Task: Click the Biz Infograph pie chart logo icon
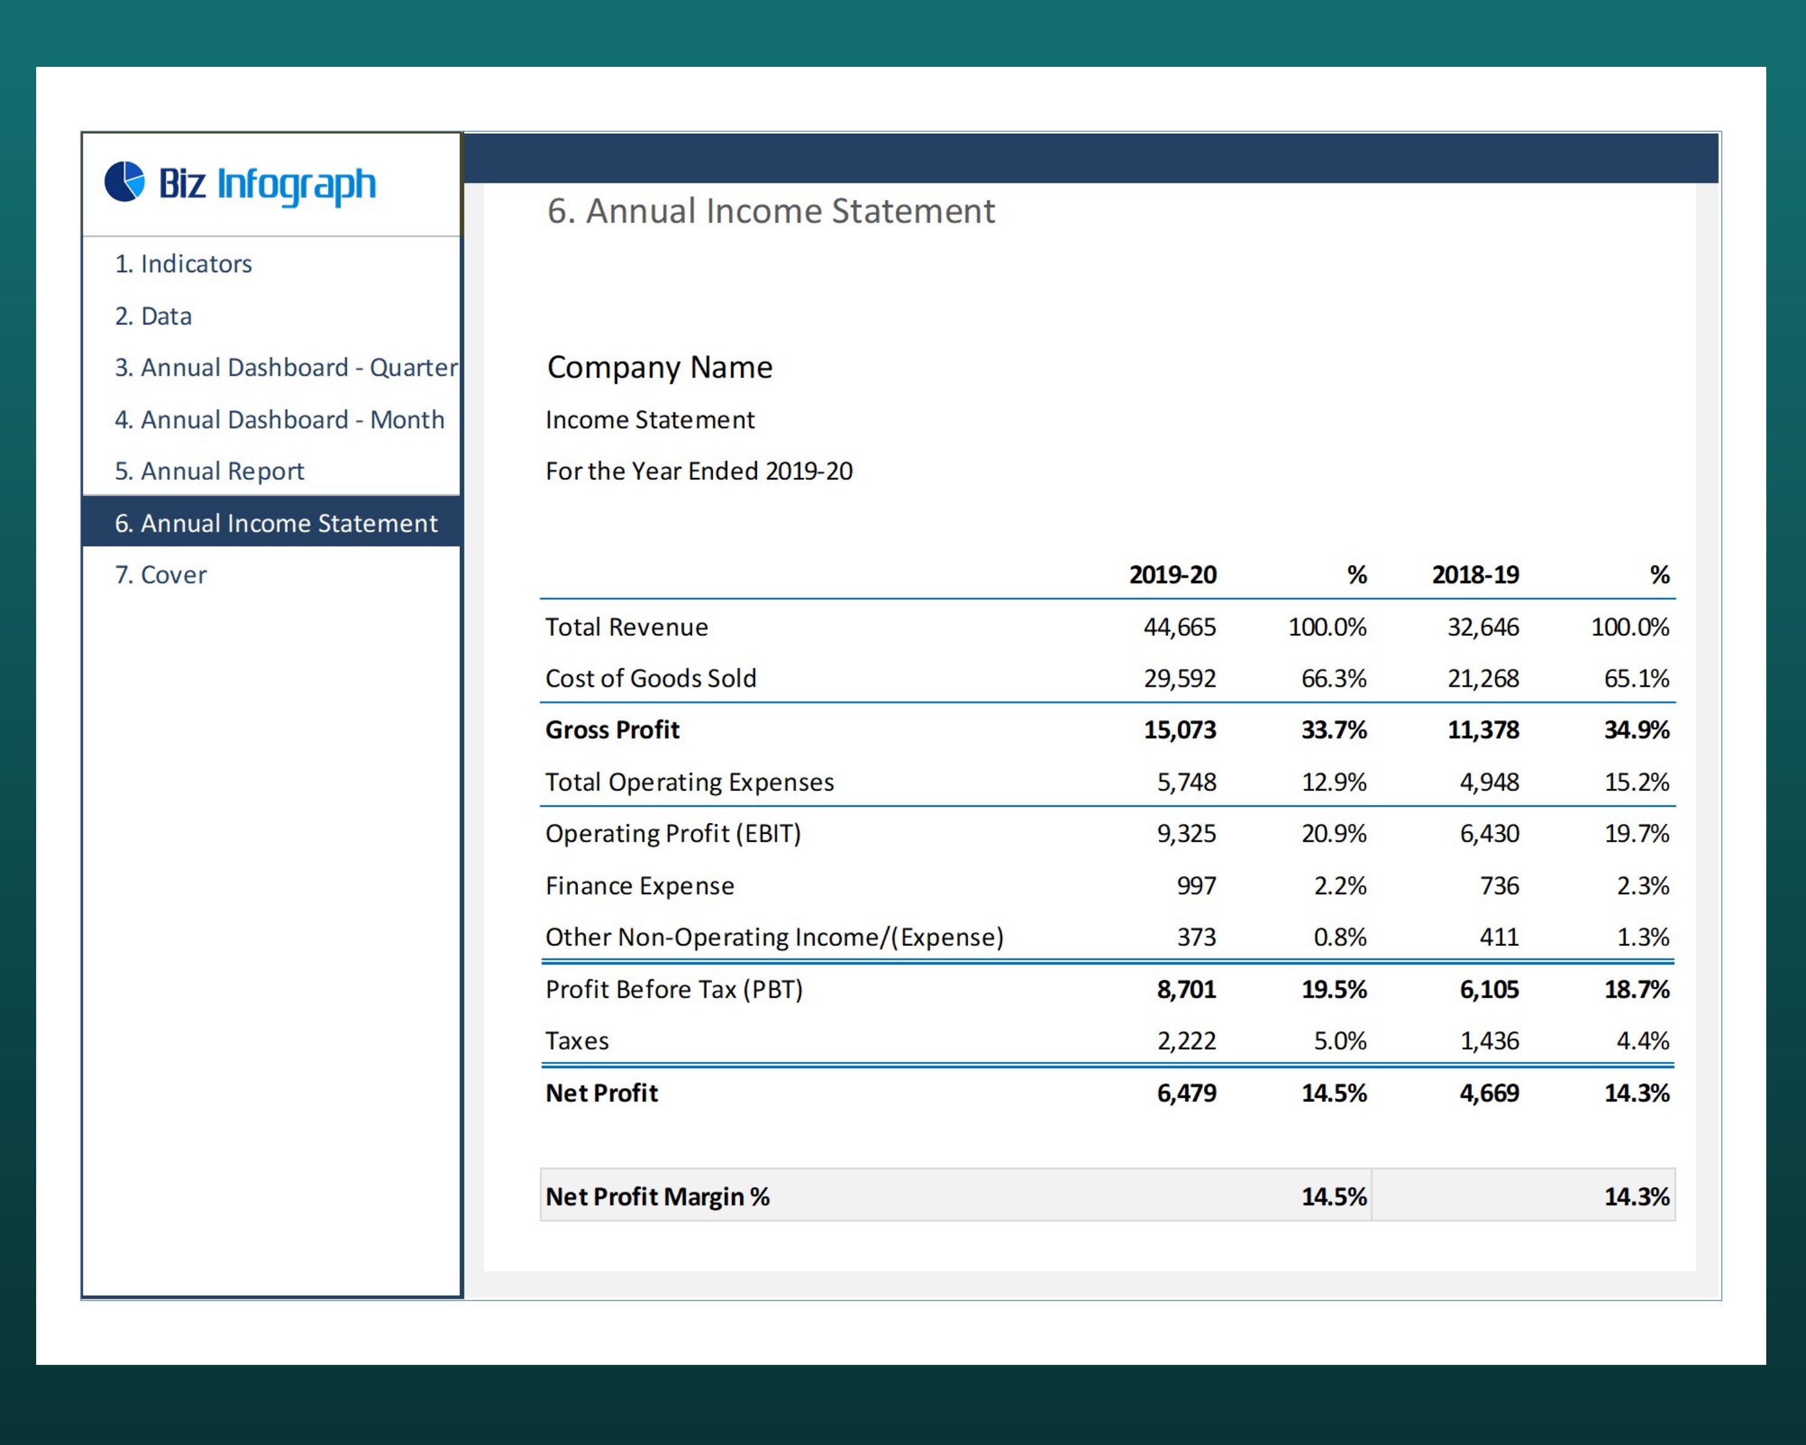pos(124,182)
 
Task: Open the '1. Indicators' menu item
pos(184,264)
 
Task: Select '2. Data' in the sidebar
pos(154,316)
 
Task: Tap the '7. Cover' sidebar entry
pos(160,574)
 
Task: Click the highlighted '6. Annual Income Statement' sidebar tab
pos(276,523)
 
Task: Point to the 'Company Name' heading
pos(659,367)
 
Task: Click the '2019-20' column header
pos(1172,574)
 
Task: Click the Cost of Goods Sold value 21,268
pos(1483,678)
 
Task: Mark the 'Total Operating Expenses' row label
pos(689,782)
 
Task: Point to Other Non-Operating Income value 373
pos(1196,936)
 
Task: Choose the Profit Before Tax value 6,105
pos(1489,989)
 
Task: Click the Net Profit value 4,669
pos(1489,1092)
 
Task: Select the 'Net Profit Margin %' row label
pos(657,1196)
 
